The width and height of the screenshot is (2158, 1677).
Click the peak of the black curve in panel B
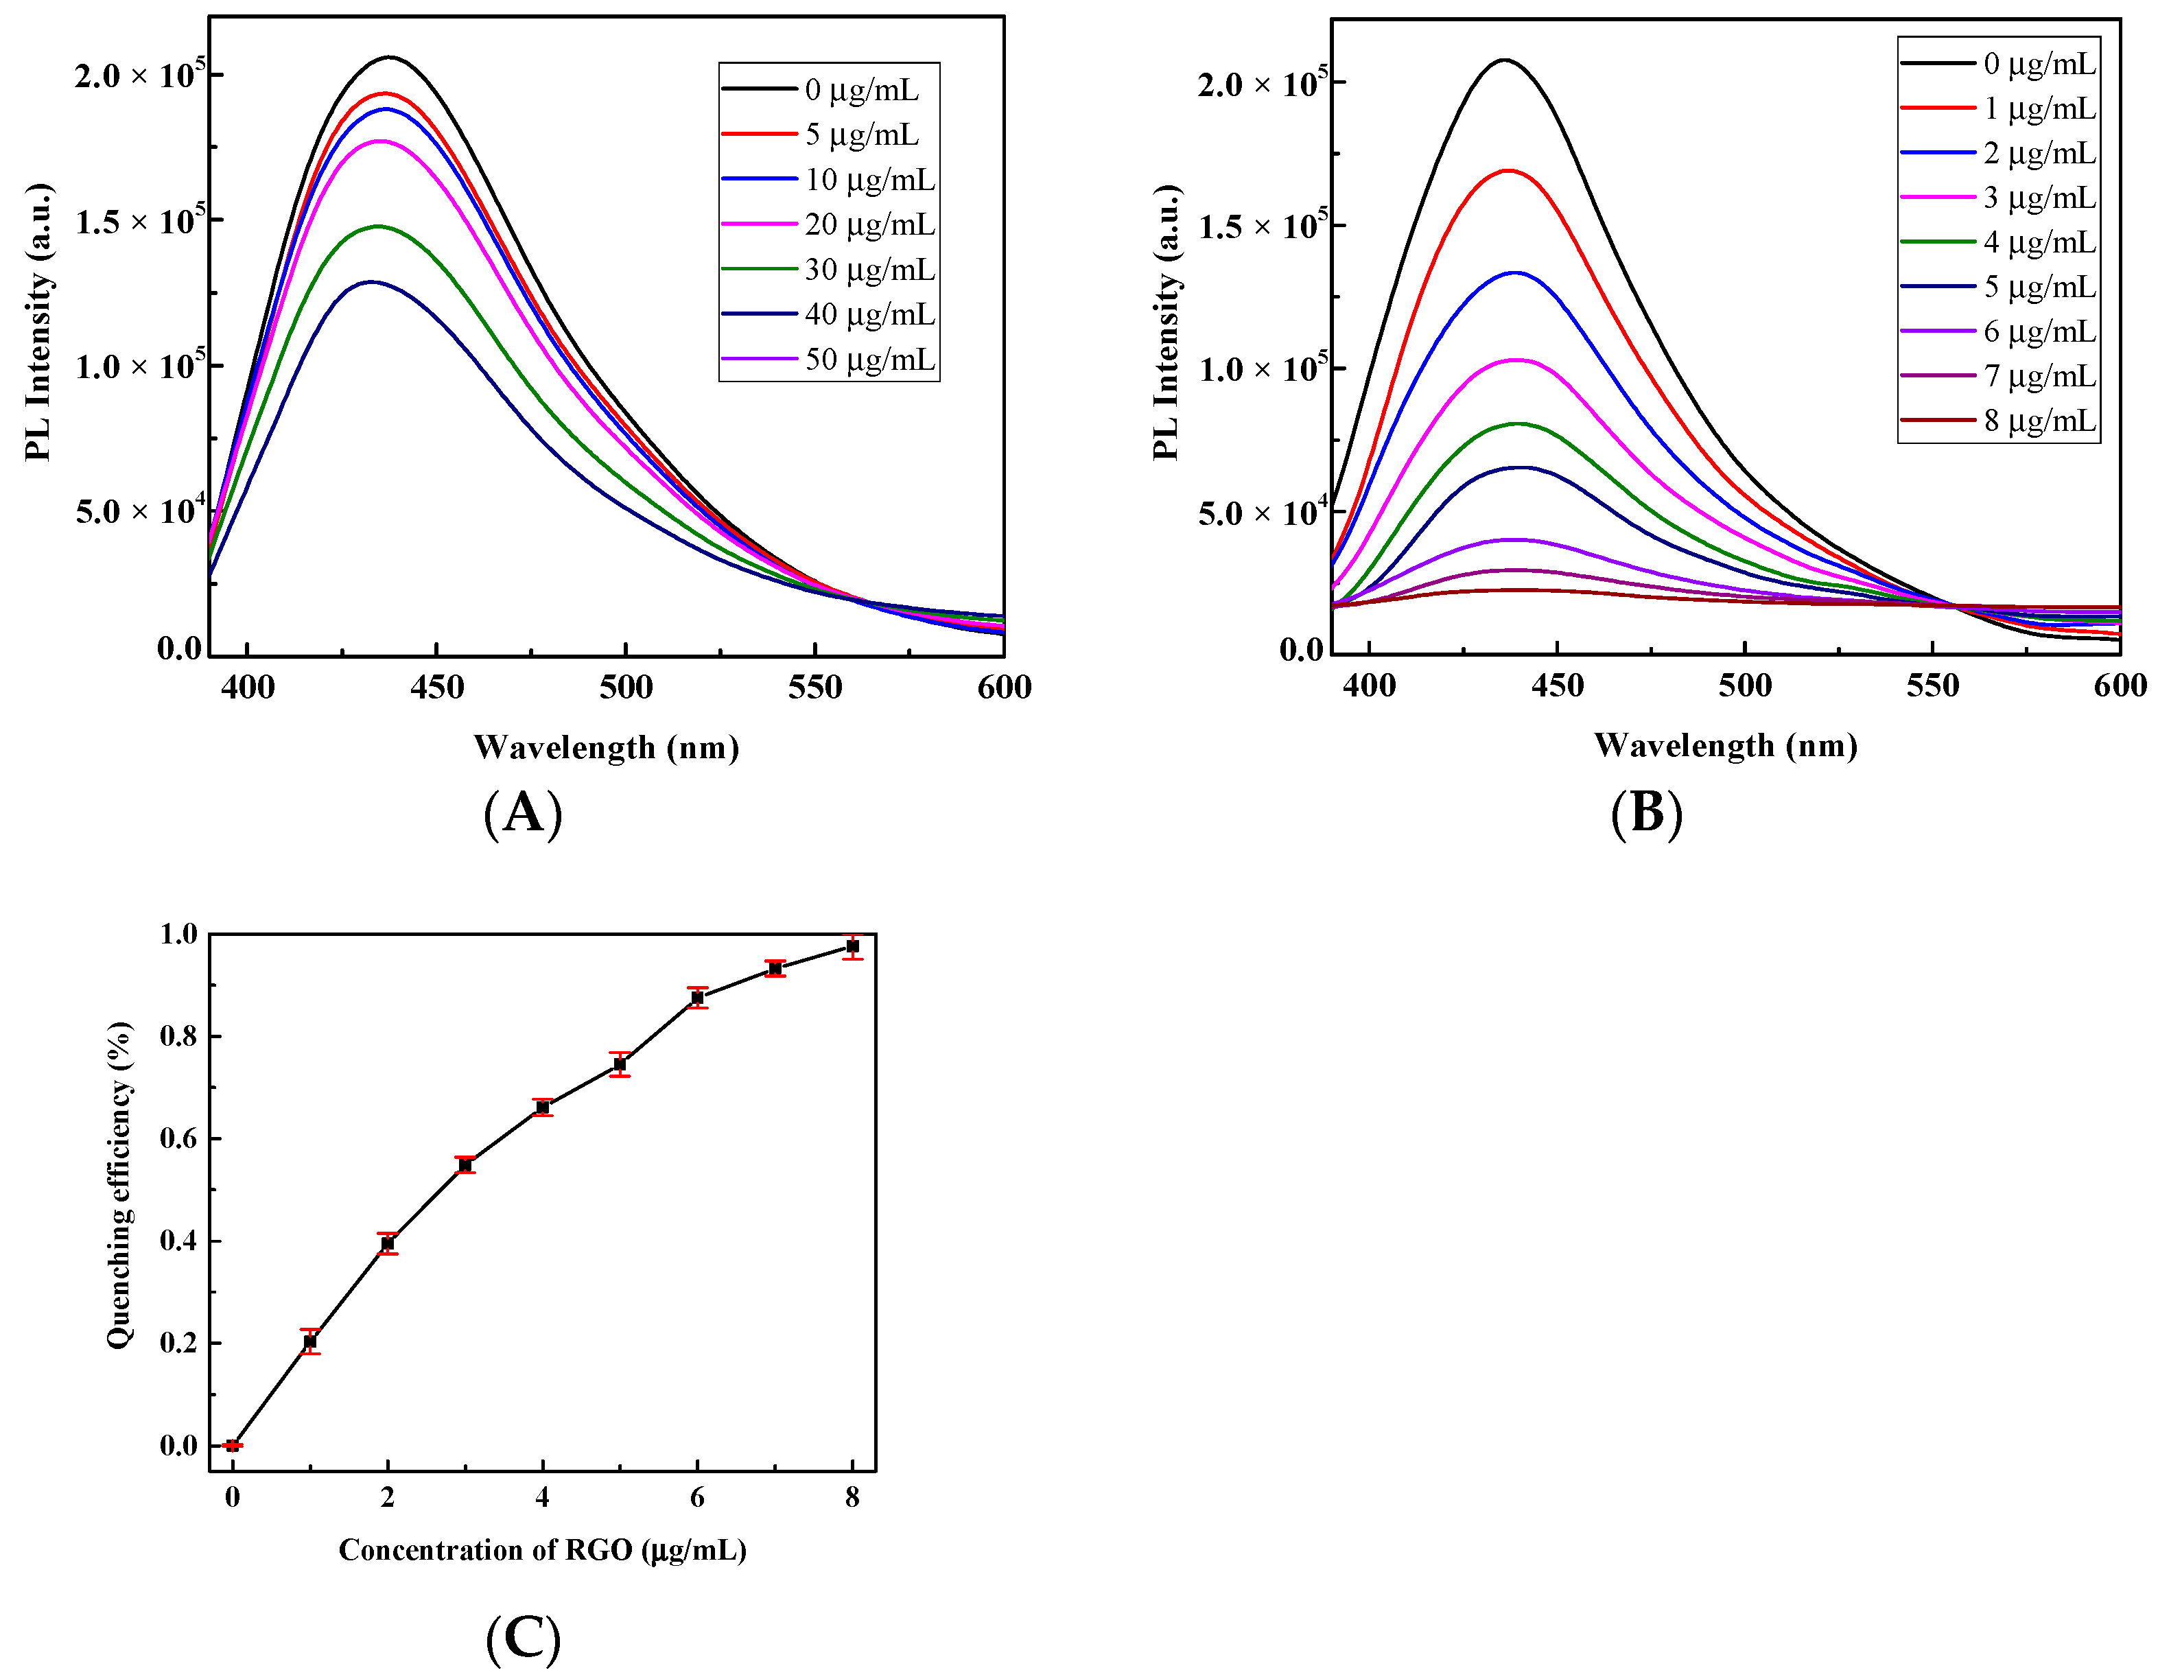pos(1504,60)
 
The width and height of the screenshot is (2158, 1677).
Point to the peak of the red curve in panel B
pos(1508,170)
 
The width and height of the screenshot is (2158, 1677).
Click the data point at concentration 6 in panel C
pos(698,998)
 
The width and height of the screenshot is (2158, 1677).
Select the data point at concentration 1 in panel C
pos(310,1341)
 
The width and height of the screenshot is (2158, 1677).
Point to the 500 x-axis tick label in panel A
pos(626,688)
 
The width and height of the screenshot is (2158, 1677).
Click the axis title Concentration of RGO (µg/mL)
pos(543,1549)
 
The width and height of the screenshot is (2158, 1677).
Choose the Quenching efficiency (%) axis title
pos(119,1185)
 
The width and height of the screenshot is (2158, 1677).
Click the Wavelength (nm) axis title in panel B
pos(1725,745)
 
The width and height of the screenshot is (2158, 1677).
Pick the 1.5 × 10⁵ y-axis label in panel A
pos(139,222)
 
